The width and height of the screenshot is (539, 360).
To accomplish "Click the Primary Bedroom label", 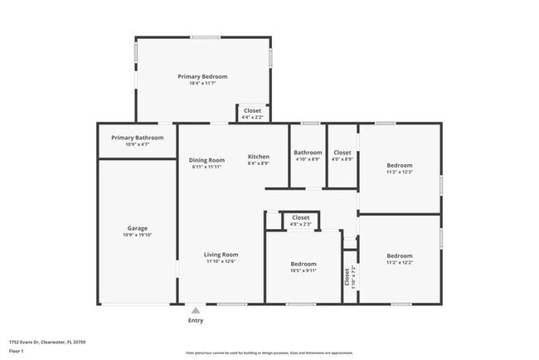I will point(202,76).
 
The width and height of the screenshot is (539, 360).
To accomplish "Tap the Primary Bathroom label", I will point(137,138).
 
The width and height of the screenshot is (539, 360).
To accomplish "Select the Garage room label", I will point(137,228).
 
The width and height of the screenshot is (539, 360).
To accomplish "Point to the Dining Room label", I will point(206,159).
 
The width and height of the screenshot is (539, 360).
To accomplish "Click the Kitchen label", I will point(258,157).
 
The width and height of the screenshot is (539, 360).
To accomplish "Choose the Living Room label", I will point(221,255).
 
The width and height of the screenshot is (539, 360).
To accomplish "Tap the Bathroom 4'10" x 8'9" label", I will point(308,153).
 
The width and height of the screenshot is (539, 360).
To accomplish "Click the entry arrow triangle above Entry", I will point(196,310).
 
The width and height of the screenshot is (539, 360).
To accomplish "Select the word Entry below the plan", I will point(196,320).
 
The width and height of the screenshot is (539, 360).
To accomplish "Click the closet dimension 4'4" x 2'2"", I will point(252,117).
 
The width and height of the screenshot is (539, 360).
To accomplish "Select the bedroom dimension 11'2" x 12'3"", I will point(399,172).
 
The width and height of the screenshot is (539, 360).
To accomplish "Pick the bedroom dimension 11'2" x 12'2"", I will point(399,262).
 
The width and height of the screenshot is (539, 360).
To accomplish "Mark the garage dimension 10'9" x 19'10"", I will point(137,235).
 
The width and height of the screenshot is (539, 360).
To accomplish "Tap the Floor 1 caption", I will point(17,351).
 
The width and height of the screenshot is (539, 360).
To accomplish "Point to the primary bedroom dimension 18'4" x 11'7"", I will point(202,83).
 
